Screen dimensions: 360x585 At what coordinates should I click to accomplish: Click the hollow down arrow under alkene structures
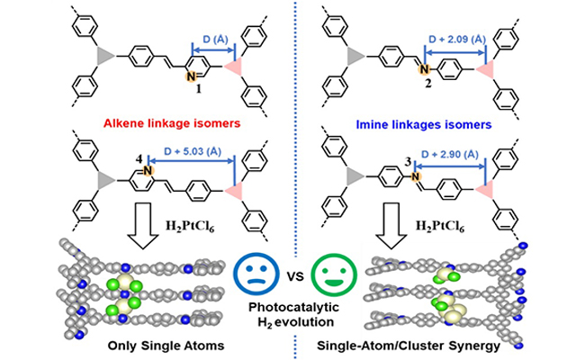pyautogui.click(x=142, y=221)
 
